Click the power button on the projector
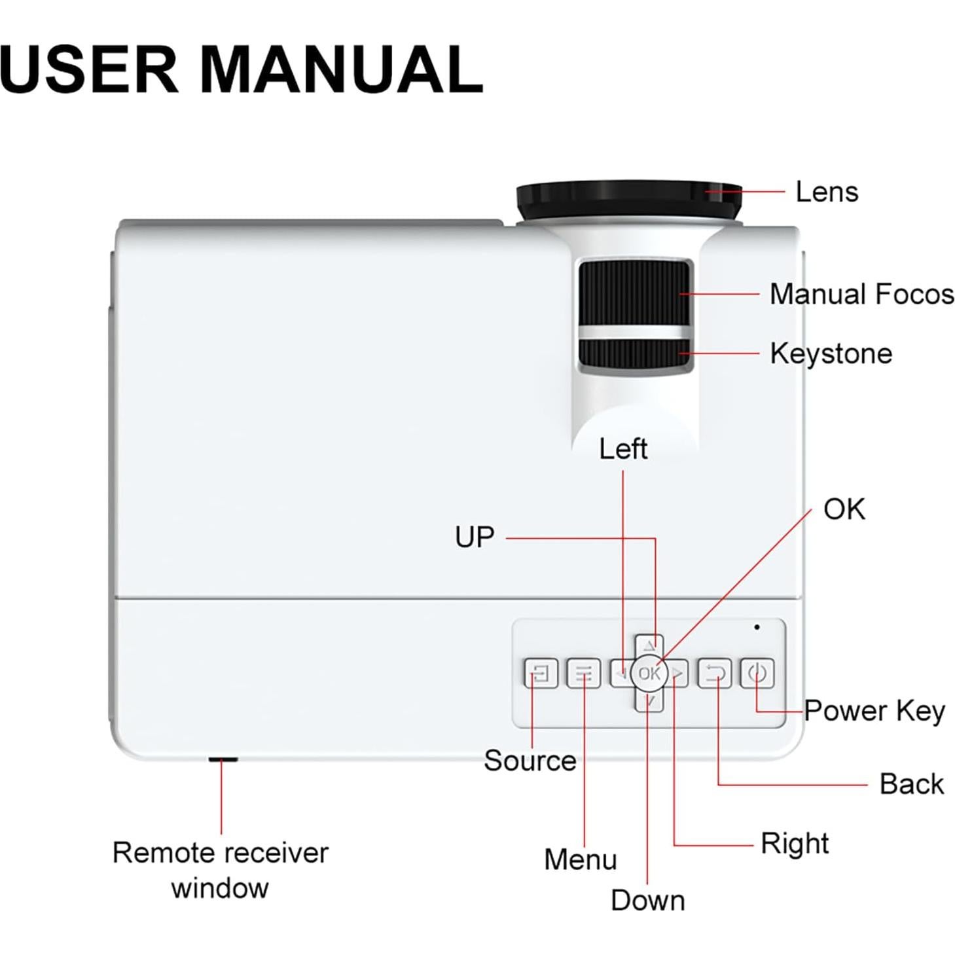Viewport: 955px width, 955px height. point(757,674)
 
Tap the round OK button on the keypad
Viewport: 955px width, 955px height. point(649,674)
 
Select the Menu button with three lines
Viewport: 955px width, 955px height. point(583,674)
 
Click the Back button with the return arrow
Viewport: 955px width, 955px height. point(714,674)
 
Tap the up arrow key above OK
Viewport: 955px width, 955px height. point(649,645)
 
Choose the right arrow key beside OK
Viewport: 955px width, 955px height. point(679,674)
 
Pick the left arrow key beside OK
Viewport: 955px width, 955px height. point(620,674)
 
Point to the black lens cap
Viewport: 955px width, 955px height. point(628,201)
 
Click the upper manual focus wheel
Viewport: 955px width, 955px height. point(634,291)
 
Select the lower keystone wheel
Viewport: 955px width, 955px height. point(634,354)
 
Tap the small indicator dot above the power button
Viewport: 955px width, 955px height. point(757,627)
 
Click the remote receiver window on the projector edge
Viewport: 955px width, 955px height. point(223,759)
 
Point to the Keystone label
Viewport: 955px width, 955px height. point(831,353)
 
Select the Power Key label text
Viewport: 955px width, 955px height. point(874,711)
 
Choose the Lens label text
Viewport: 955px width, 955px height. point(826,192)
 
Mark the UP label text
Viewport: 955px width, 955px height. point(475,537)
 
